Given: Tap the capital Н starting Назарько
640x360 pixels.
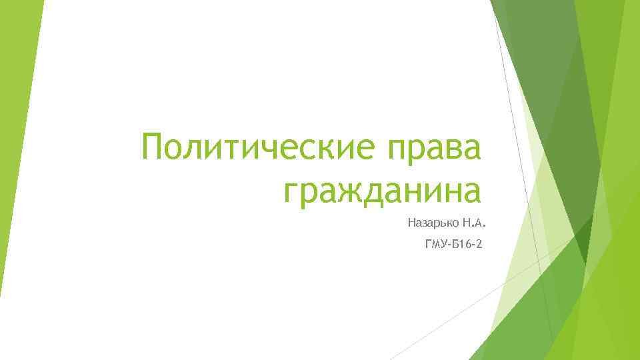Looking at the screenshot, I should [400, 221].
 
